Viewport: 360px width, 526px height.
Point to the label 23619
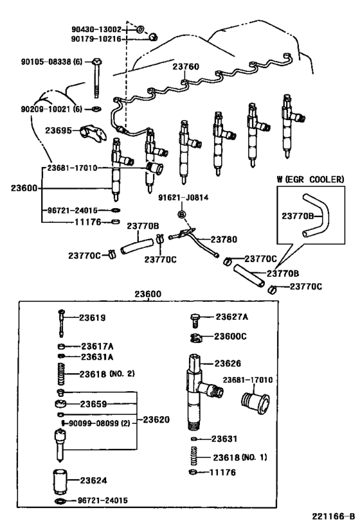coord(93,318)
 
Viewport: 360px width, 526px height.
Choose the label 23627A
coord(231,316)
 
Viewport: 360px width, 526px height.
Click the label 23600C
coord(231,336)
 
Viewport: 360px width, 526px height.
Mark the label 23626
coord(226,363)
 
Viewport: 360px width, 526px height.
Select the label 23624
coord(93,480)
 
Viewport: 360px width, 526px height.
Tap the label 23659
coord(93,405)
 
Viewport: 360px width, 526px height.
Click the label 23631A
coord(96,356)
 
